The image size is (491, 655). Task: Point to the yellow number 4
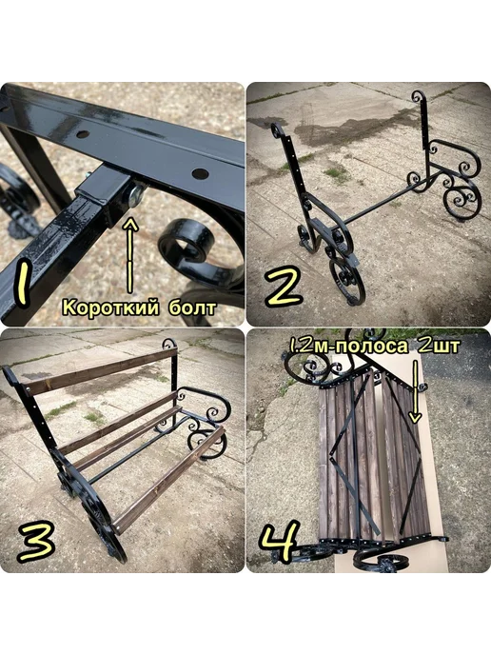(x=280, y=542)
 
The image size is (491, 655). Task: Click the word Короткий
(x=110, y=308)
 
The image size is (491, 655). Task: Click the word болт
(x=192, y=308)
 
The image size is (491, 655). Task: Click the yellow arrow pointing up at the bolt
(x=130, y=255)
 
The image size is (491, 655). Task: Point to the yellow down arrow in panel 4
(x=415, y=391)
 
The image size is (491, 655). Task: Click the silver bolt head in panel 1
(x=136, y=195)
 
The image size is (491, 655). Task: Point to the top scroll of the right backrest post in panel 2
(x=418, y=98)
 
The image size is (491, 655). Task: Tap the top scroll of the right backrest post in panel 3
(x=169, y=345)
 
